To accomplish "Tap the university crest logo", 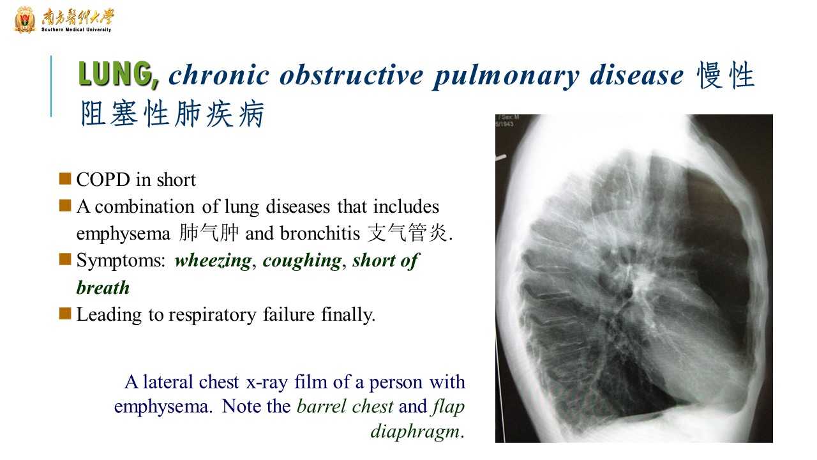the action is [25, 20].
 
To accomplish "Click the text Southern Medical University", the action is [76, 29].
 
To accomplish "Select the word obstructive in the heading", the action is [352, 75].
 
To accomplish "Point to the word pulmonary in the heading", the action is [506, 77].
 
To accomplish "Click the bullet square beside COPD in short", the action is [65, 178].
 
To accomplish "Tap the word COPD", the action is [103, 180].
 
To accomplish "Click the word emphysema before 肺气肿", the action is [123, 234].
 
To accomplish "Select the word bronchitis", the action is [320, 233].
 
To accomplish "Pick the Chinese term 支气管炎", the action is [407, 233].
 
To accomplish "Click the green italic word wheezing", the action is [213, 261].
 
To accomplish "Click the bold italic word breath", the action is [103, 287].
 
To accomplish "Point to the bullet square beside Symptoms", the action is [65, 259].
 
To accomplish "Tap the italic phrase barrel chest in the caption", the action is [345, 406].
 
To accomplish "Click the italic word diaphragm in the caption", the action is [415, 431].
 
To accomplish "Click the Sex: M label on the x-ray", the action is [510, 117].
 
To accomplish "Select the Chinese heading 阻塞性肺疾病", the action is [172, 114].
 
